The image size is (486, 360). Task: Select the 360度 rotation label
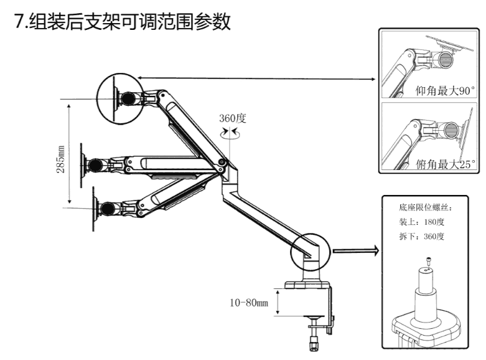(232, 118)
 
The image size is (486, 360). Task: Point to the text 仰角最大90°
(444, 91)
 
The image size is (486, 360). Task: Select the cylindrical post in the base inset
(428, 293)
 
